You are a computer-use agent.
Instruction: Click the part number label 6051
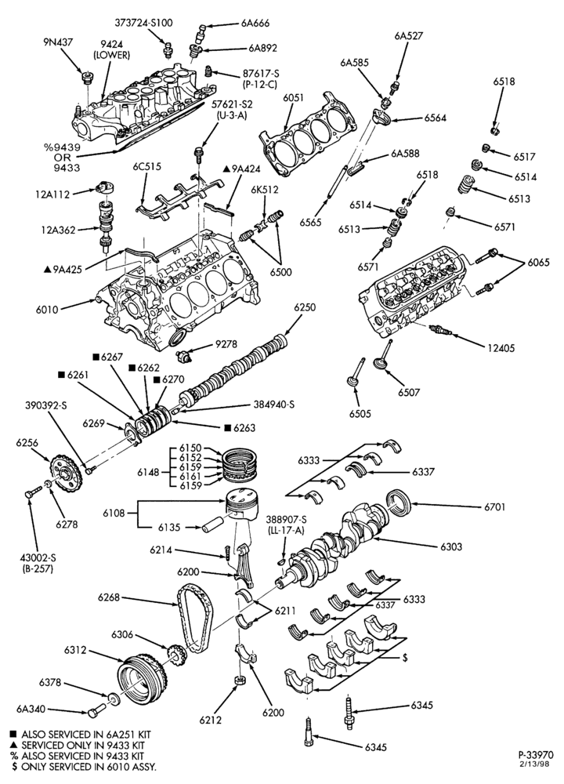tap(293, 99)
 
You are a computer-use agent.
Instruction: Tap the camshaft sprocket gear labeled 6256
tap(66, 473)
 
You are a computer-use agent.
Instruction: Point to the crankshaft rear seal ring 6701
tap(400, 503)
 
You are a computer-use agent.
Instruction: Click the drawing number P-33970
tap(535, 755)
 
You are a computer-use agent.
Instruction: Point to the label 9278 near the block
tap(226, 344)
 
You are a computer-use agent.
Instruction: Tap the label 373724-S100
tap(143, 23)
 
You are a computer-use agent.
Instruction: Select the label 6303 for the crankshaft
tap(451, 546)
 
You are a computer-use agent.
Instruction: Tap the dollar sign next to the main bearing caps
tap(405, 658)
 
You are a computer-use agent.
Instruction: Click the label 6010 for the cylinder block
tap(47, 310)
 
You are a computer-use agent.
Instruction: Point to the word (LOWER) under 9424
tap(111, 55)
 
